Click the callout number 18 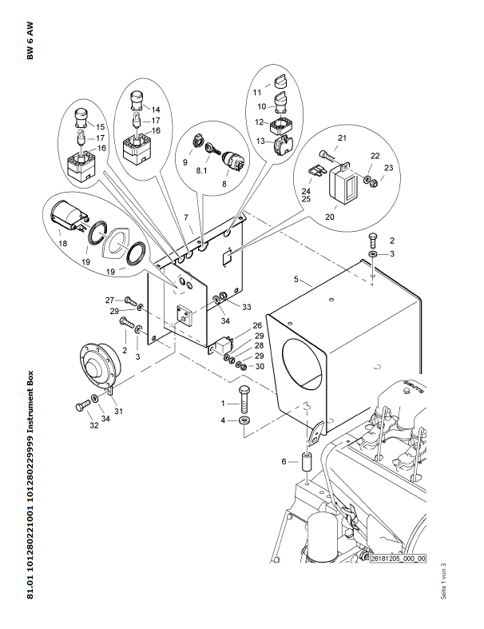(63, 244)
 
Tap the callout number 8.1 (202, 170)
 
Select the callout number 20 (330, 217)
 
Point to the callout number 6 (284, 462)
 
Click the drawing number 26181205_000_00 (398, 559)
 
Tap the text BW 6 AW (30, 41)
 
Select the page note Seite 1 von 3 (443, 582)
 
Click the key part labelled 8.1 (213, 149)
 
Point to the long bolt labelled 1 (244, 400)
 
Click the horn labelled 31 (101, 361)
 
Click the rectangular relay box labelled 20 (343, 184)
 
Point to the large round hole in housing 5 (302, 364)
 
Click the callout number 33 (247, 307)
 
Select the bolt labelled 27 (130, 300)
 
